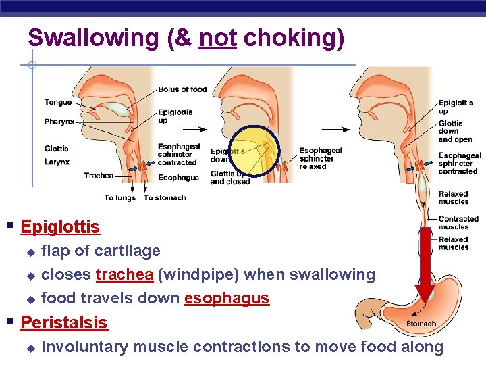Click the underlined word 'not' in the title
(217, 38)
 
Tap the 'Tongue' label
(58, 103)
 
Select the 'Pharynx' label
(59, 122)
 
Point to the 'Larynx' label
(57, 162)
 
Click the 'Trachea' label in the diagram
(99, 176)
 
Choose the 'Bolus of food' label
(182, 89)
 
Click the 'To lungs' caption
(120, 198)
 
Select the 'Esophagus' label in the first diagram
(178, 178)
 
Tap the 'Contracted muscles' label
(458, 223)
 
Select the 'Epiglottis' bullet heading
(60, 227)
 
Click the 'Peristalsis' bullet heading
(64, 323)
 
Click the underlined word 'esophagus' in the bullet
(227, 299)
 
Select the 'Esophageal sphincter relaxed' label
(321, 158)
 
